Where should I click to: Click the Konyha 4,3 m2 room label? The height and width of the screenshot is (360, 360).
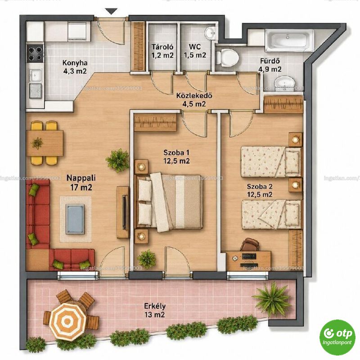(75, 67)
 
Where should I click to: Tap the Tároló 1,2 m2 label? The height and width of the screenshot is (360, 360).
(162, 51)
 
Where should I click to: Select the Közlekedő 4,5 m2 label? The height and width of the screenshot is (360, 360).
(194, 99)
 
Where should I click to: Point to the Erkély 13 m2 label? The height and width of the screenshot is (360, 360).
(155, 310)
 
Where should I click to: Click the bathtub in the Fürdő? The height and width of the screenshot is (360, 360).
(289, 40)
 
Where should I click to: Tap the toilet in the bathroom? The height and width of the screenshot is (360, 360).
(228, 57)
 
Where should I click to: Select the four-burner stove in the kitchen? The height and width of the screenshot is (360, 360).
(35, 53)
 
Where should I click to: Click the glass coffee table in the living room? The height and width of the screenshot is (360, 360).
(75, 219)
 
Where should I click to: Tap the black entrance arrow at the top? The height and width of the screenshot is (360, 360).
(111, 11)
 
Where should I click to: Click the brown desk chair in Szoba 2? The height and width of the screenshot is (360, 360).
(250, 244)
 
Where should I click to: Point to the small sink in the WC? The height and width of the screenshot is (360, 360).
(210, 33)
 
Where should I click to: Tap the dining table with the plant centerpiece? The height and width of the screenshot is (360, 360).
(45, 143)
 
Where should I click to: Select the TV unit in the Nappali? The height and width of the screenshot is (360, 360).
(123, 212)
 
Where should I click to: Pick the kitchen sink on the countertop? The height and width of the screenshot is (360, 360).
(35, 75)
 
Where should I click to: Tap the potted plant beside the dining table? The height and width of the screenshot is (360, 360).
(117, 160)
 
